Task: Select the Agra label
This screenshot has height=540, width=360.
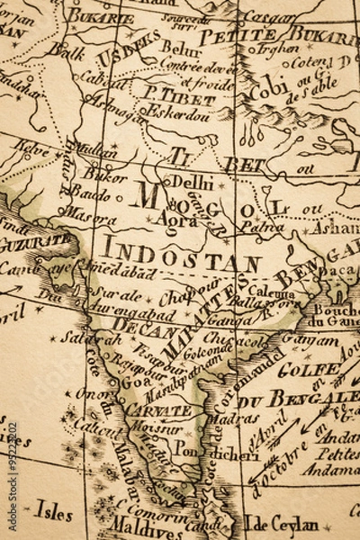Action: point(175,219)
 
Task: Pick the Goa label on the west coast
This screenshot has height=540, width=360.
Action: point(130,382)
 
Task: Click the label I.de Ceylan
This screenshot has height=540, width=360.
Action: point(283,525)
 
